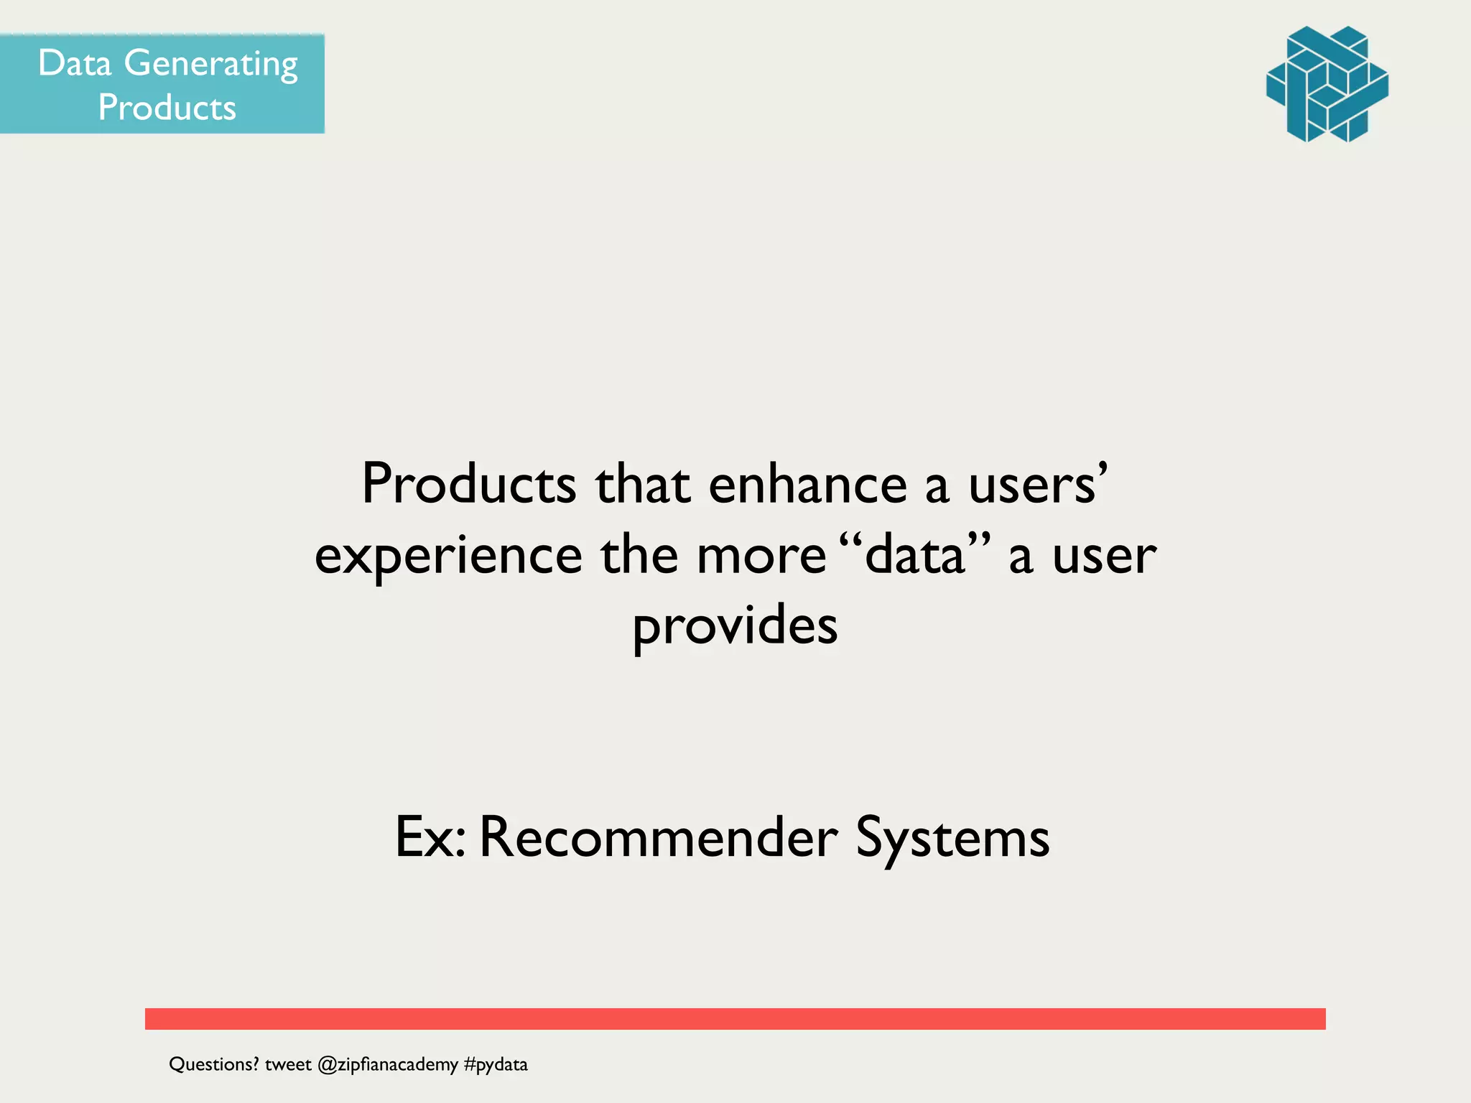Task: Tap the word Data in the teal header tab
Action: point(75,63)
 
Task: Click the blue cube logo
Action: point(1327,84)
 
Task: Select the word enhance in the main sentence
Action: point(807,485)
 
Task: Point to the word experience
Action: point(448,557)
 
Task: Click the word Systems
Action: point(952,838)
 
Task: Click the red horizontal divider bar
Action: point(735,1018)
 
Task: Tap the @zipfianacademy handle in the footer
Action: point(387,1064)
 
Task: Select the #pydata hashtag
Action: point(496,1064)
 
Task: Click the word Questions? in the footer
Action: point(213,1064)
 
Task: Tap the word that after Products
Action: point(642,485)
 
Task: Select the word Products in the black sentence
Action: point(468,485)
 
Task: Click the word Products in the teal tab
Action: point(167,108)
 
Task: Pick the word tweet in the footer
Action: point(288,1064)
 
